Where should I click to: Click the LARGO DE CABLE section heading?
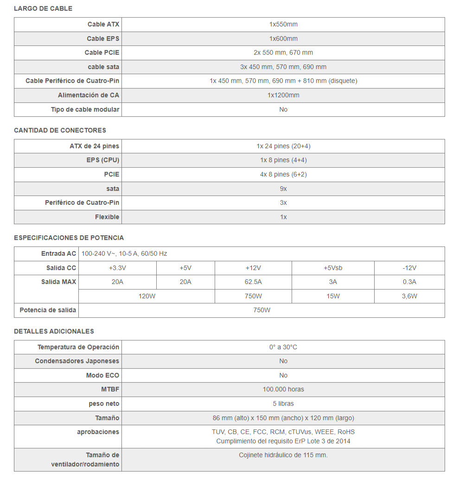pyautogui.click(x=43, y=8)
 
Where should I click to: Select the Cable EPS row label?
pyautogui.click(x=103, y=38)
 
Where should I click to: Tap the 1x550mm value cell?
pyautogui.click(x=283, y=24)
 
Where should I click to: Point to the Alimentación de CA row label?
pyautogui.click(x=89, y=95)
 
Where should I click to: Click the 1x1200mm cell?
pyautogui.click(x=283, y=95)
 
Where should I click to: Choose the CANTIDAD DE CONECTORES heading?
pyautogui.click(x=60, y=130)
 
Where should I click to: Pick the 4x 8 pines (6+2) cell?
pyautogui.click(x=283, y=174)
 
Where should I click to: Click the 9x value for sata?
pyautogui.click(x=283, y=189)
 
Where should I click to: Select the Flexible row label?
pyautogui.click(x=107, y=217)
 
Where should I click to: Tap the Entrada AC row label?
pyautogui.click(x=58, y=253)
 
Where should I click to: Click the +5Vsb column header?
pyautogui.click(x=333, y=268)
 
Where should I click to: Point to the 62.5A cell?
pyautogui.click(x=253, y=282)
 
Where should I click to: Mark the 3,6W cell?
pyautogui.click(x=409, y=296)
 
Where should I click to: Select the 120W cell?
pyautogui.click(x=147, y=296)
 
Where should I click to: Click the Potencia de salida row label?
pyautogui.click(x=48, y=310)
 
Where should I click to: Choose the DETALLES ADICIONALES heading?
pyautogui.click(x=54, y=331)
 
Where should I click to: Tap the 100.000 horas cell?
pyautogui.click(x=283, y=389)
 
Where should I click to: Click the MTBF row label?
pyautogui.click(x=110, y=389)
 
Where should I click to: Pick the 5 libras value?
pyautogui.click(x=283, y=403)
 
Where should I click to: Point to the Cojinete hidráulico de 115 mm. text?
pyautogui.click(x=283, y=455)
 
